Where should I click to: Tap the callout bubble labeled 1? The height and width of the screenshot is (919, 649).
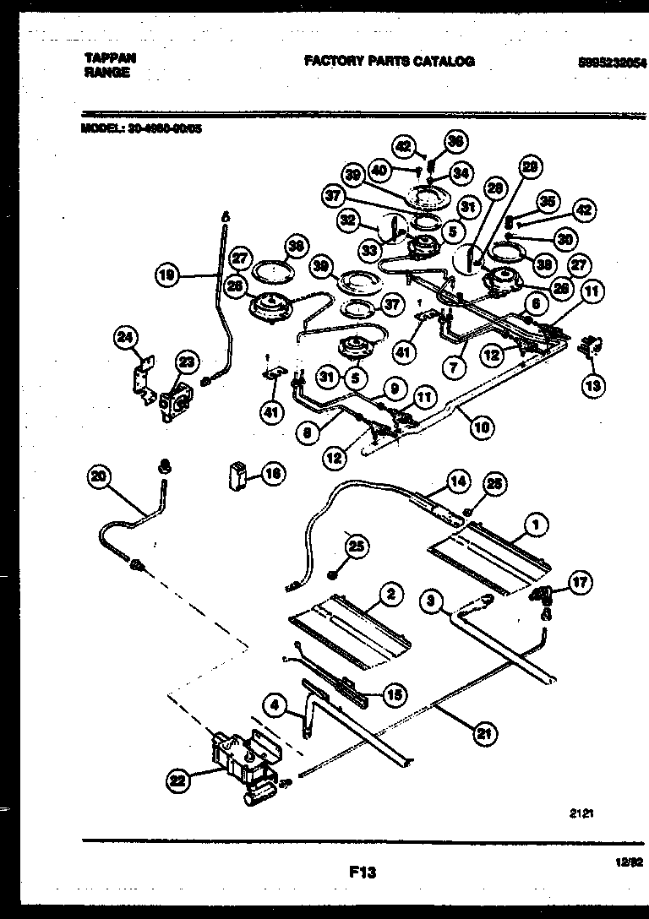click(533, 522)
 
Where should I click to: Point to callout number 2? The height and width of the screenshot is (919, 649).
click(390, 594)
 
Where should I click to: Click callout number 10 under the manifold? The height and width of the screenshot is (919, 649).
click(481, 427)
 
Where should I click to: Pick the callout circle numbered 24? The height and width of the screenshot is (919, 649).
click(125, 340)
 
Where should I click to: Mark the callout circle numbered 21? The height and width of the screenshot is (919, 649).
click(483, 733)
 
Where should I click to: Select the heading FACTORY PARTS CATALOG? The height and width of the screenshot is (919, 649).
click(389, 61)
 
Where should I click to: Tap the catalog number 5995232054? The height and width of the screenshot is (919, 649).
click(612, 62)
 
